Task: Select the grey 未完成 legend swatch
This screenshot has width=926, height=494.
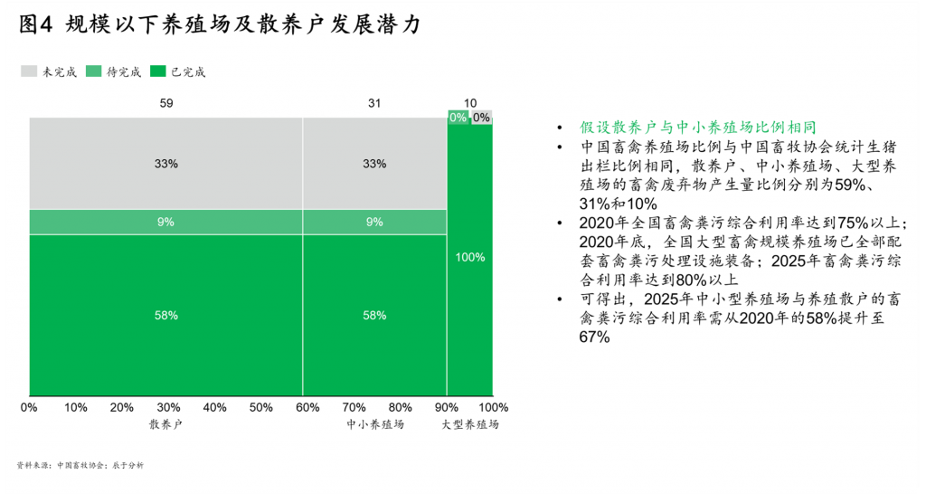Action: click(x=29, y=71)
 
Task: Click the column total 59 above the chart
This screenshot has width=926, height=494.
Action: click(x=166, y=103)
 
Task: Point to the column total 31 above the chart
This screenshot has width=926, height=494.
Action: click(x=374, y=103)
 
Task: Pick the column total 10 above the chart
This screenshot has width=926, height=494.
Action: click(x=470, y=103)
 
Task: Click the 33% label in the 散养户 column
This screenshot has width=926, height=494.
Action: click(x=166, y=164)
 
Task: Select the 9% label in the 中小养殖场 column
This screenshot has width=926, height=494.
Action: click(x=374, y=222)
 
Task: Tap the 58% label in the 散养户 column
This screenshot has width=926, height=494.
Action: click(x=166, y=316)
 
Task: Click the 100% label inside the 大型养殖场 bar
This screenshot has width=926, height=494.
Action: click(x=470, y=257)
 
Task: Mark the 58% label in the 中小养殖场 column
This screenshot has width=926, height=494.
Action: click(x=374, y=316)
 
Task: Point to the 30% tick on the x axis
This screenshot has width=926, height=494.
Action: click(x=168, y=407)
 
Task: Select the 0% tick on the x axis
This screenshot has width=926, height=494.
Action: click(x=28, y=407)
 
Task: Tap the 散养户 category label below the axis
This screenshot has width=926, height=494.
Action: click(x=166, y=423)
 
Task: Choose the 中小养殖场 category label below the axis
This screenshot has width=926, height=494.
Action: click(x=374, y=423)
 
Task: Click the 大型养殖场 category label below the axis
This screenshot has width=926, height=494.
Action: click(x=470, y=423)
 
